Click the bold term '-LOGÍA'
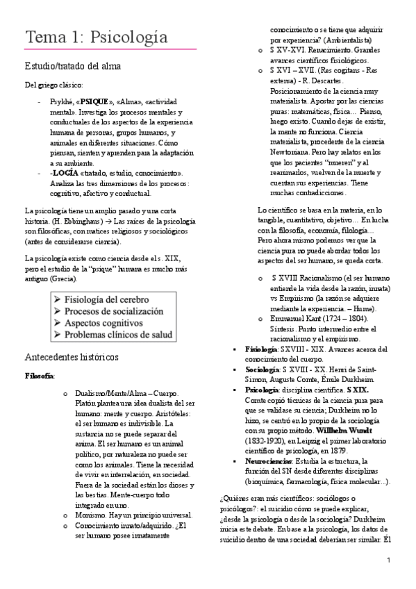pos(65,172)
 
